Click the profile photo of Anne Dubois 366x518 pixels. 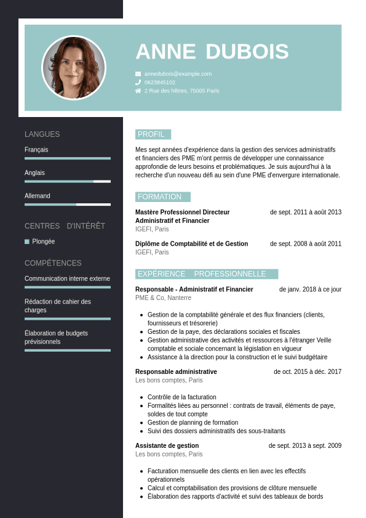tap(74, 68)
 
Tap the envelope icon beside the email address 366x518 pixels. tap(138, 74)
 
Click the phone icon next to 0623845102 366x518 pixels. tap(138, 82)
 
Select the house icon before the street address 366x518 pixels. tap(138, 91)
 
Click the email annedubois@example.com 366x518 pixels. tap(178, 74)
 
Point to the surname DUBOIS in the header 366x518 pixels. tap(247, 52)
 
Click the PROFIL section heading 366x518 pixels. tap(151, 134)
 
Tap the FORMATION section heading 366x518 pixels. tap(160, 197)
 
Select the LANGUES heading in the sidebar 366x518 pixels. tap(42, 134)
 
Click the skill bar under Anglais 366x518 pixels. tap(68, 182)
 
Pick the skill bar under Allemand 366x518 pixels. tap(68, 204)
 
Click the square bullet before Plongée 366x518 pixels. tap(27, 241)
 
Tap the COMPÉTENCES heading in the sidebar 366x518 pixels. tap(53, 263)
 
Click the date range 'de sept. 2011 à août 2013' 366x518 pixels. tap(305, 212)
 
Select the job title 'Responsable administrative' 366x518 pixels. tap(176, 372)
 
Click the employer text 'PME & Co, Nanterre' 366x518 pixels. tap(163, 298)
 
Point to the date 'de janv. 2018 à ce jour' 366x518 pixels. tap(310, 289)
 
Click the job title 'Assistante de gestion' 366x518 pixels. tap(167, 446)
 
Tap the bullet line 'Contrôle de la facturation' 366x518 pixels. tap(181, 397)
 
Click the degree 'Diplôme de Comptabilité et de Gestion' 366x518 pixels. tap(191, 244)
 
